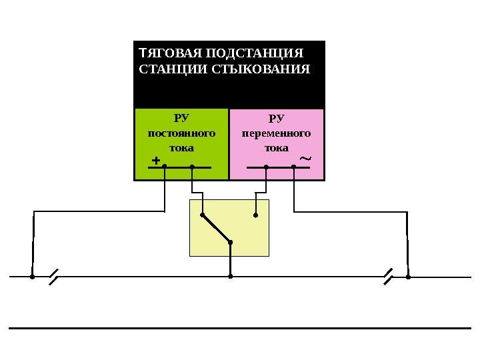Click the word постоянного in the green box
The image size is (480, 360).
tap(181, 133)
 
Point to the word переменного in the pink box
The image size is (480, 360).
tap(276, 133)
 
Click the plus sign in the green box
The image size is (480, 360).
tap(156, 161)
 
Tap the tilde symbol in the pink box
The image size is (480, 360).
tap(305, 159)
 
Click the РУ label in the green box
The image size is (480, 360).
tap(181, 119)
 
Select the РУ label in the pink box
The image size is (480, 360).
tap(276, 119)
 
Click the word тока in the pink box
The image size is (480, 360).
tap(276, 147)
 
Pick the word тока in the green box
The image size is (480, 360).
tap(181, 147)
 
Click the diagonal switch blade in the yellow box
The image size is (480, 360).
tap(216, 229)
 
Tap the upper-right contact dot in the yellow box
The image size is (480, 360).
tap(255, 215)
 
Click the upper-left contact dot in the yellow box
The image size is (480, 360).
tap(203, 215)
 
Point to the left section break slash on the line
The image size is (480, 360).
tap(53, 276)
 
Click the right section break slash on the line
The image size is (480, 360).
tap(389, 276)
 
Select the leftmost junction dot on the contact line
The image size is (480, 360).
tap(32, 276)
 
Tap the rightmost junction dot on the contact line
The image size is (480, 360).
tap(408, 276)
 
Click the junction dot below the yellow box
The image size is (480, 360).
tap(230, 276)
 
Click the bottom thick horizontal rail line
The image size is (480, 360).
tap(240, 328)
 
